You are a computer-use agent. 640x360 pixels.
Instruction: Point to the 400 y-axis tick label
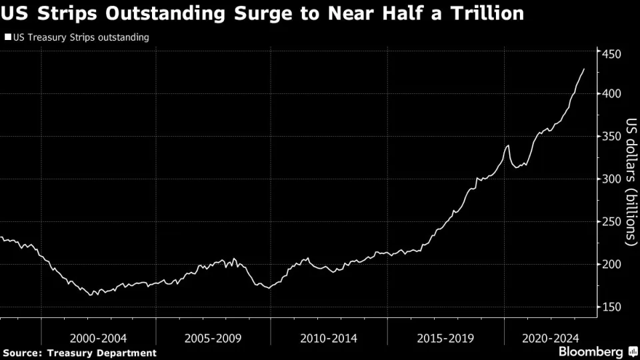point(612,93)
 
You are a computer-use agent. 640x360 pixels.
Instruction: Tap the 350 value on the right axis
point(612,136)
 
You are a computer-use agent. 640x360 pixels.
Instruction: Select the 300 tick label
point(612,179)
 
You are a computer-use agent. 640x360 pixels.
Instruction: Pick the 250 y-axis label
point(612,221)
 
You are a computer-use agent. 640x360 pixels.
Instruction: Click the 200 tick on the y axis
point(612,264)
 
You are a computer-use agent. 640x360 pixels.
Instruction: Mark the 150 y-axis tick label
point(612,307)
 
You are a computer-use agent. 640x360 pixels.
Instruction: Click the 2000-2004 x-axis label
point(99,339)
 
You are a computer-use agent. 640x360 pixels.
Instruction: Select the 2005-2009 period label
point(213,339)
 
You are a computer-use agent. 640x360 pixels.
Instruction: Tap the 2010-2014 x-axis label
point(329,339)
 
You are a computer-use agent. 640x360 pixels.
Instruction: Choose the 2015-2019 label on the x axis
point(445,339)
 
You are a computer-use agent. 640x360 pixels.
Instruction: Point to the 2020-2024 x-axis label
point(551,339)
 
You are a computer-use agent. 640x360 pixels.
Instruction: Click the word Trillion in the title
point(485,13)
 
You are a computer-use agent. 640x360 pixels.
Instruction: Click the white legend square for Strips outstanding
point(7,38)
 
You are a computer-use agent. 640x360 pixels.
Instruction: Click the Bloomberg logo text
point(586,351)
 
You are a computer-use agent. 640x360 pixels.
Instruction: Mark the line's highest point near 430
point(585,69)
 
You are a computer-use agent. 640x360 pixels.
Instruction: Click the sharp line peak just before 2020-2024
point(509,145)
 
